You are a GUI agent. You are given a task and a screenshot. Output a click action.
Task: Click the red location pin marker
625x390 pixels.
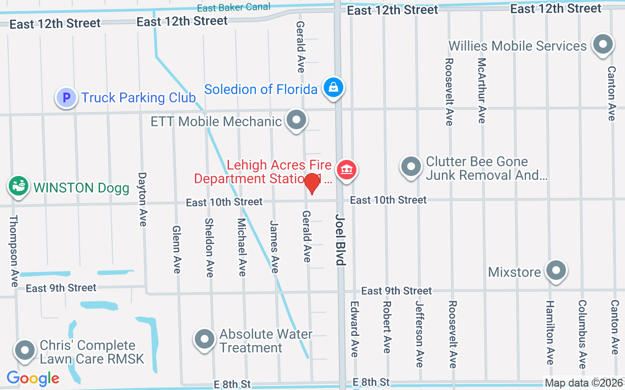(312, 184)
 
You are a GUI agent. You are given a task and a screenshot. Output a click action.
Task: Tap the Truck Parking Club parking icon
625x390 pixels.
(66, 98)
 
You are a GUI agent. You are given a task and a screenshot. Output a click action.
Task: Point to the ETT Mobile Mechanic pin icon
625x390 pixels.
(296, 120)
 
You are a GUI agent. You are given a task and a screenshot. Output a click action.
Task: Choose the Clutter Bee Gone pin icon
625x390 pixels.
(411, 167)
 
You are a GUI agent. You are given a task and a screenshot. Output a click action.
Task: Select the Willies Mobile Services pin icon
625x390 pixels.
(603, 45)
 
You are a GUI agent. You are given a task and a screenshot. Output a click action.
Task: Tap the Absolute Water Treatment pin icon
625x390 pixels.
(205, 339)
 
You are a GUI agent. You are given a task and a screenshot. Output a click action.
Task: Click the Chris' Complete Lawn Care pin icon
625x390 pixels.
(24, 350)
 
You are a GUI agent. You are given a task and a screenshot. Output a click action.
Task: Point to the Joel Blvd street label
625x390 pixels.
(340, 239)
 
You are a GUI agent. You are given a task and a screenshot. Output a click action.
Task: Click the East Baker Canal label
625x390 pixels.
(233, 8)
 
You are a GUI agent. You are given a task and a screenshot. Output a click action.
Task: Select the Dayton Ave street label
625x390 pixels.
(143, 199)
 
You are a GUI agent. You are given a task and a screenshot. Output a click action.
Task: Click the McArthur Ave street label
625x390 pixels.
(482, 90)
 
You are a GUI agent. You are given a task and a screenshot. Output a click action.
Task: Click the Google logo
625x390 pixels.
(33, 378)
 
